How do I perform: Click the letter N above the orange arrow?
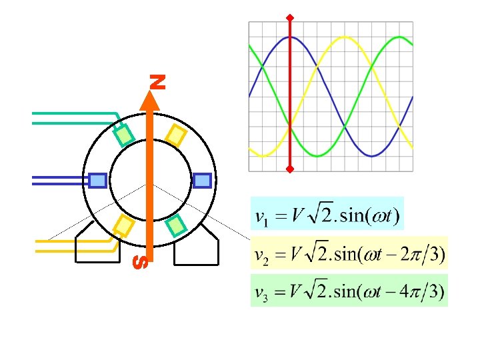pos(157,82)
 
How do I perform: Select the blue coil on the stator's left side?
pos(98,180)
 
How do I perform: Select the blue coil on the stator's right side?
pos(202,180)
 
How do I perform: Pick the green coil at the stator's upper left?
pos(124,135)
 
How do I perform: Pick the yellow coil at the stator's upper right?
pos(175,135)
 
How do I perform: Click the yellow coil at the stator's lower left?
pos(124,225)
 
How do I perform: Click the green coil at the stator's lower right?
pos(175,225)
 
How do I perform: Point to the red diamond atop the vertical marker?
pos(290,16)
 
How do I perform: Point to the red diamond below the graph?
pos(290,169)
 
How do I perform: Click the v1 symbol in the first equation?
pos(262,219)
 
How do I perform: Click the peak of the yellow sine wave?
pos(344,37)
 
